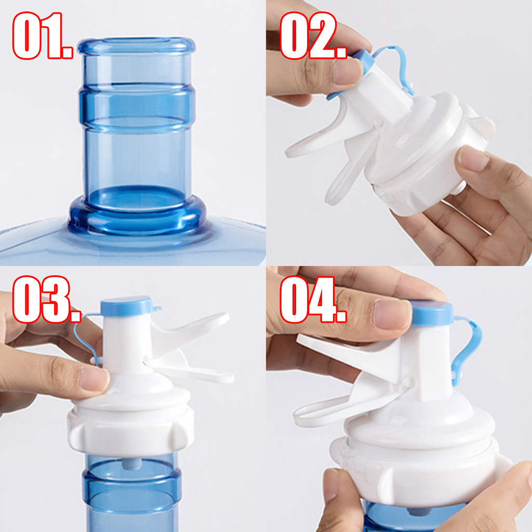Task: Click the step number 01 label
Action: coord(43,36)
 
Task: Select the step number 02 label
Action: coord(313,36)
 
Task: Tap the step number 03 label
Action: coord(46,299)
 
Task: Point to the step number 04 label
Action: coord(313,299)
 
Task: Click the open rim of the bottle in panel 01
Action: coord(137,46)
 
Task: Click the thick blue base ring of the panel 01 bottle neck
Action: coord(137,217)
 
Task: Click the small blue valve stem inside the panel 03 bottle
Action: coord(131,463)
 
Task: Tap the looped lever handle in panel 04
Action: coord(326,411)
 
